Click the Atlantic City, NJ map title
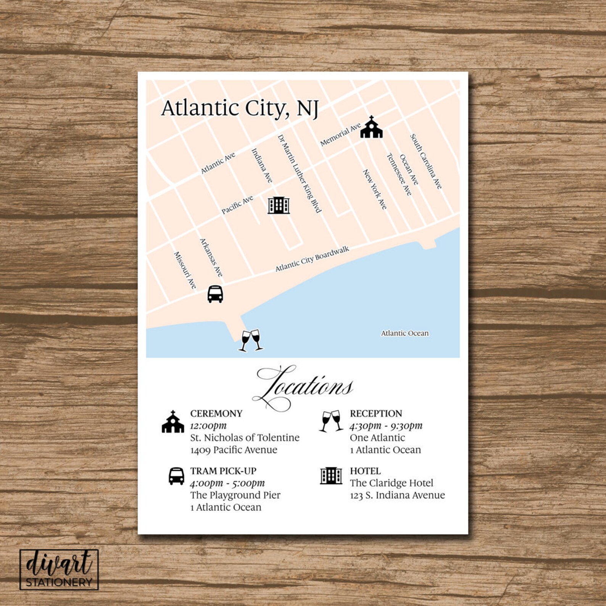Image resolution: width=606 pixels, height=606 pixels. (x=240, y=108)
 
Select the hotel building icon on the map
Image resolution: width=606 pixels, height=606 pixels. (x=279, y=205)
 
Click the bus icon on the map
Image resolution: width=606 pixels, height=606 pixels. (x=215, y=294)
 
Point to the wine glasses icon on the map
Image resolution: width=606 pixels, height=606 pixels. (x=251, y=340)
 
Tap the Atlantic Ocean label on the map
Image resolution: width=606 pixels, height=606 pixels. (x=405, y=333)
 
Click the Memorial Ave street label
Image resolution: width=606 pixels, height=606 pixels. (x=340, y=134)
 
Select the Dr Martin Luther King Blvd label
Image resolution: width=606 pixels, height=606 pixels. (x=299, y=173)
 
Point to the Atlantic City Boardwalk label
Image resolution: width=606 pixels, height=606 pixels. (x=312, y=259)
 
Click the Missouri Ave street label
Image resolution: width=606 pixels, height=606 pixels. (x=185, y=270)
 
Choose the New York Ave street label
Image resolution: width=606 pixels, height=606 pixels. (x=374, y=189)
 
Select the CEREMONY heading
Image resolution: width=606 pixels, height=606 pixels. (x=216, y=414)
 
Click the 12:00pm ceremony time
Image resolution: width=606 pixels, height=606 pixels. (x=208, y=425)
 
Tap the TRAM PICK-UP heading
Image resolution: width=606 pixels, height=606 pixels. (x=223, y=471)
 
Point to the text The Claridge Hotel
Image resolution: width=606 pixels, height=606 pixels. (x=392, y=483)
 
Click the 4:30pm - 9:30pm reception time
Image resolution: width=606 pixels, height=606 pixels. (x=386, y=425)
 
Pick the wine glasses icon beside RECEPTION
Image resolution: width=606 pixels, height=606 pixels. (x=331, y=421)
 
